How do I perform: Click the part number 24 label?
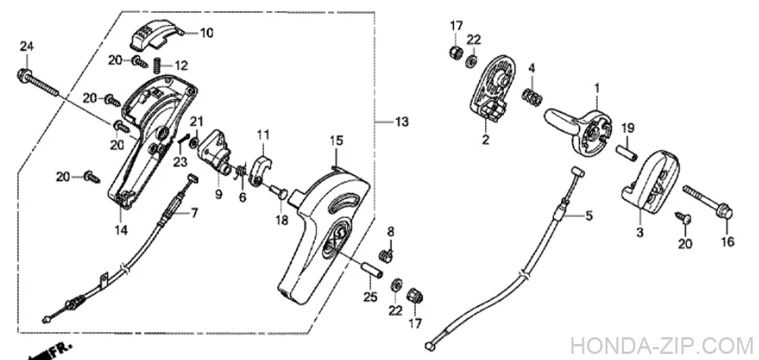(x=27, y=48)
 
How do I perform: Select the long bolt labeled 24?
(x=38, y=82)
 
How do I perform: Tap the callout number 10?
(x=206, y=33)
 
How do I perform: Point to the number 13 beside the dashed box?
(x=402, y=122)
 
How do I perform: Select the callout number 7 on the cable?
(x=194, y=213)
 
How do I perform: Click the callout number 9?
(x=219, y=194)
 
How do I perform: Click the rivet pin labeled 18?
(x=278, y=191)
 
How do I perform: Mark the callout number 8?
(x=391, y=231)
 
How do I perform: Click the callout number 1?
(x=597, y=88)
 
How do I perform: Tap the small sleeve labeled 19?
(x=626, y=153)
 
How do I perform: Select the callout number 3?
(x=639, y=232)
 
